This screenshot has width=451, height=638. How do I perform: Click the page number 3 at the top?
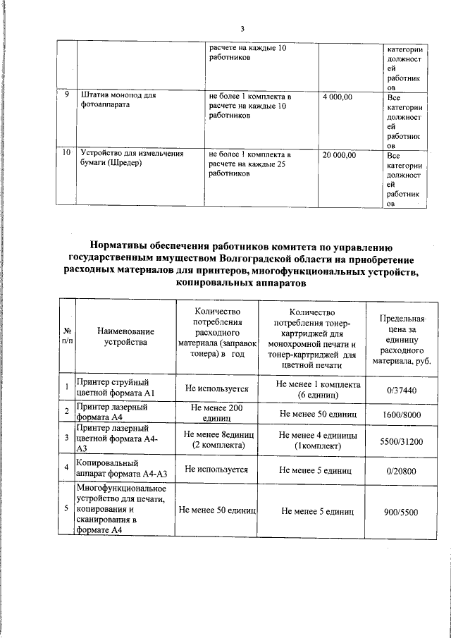click(242, 29)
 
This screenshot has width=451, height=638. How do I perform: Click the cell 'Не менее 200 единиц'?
click(216, 413)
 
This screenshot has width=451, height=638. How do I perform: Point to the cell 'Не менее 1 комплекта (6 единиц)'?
click(319, 389)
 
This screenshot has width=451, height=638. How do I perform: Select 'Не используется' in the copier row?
click(216, 469)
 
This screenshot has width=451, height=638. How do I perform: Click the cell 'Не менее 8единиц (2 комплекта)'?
click(216, 440)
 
